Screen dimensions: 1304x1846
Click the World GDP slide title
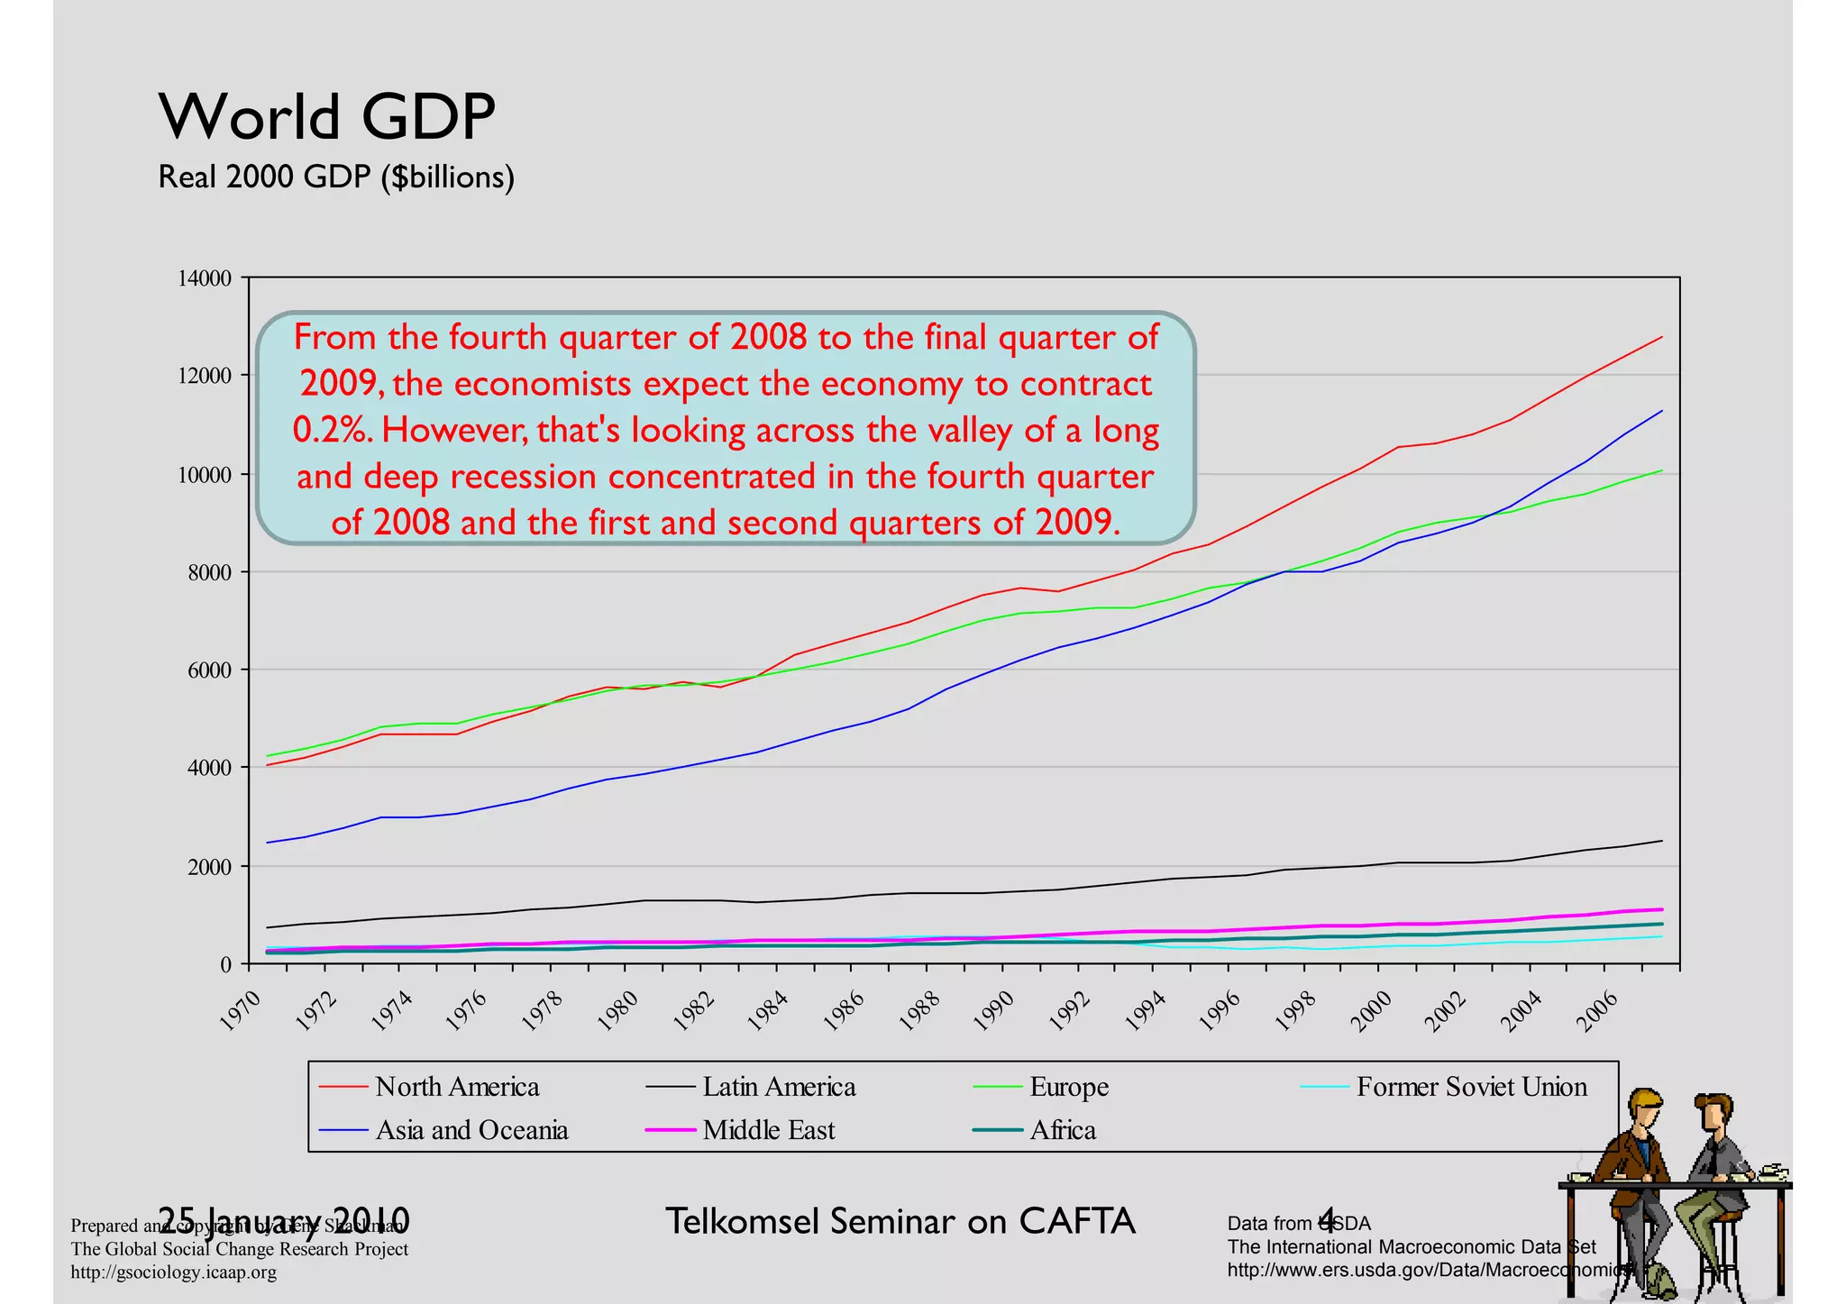point(326,117)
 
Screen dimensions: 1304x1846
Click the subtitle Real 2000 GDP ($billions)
point(335,177)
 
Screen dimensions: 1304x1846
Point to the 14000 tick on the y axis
point(205,278)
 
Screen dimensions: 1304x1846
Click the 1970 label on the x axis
point(242,1010)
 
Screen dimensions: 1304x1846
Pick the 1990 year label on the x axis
point(994,1010)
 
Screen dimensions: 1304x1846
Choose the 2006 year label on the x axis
point(1597,1010)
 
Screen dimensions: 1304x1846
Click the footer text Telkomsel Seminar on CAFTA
point(900,1221)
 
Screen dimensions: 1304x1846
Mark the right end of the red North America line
point(1661,337)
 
